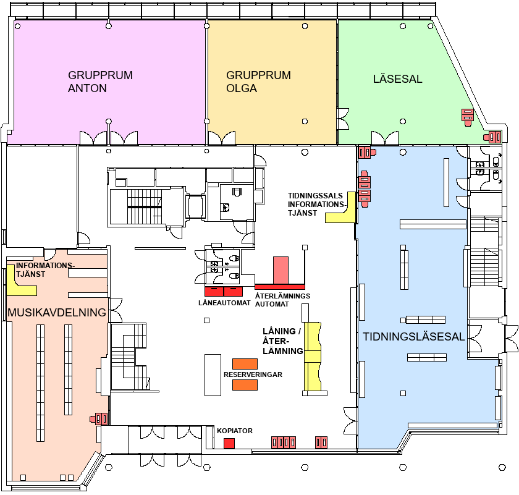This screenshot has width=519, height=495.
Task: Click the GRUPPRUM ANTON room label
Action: click(x=100, y=82)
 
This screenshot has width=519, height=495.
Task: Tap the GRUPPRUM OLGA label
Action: click(x=258, y=82)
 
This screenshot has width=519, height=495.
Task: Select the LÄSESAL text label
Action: click(x=397, y=79)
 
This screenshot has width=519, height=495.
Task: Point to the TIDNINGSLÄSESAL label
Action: click(x=414, y=336)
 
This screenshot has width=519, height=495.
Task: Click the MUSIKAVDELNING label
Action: click(x=57, y=312)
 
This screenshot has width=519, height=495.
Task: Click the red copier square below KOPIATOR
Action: click(x=229, y=443)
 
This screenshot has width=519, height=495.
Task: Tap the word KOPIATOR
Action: click(x=235, y=431)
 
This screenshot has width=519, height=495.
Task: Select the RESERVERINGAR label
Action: click(x=253, y=374)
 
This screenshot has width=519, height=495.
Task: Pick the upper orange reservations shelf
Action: click(x=245, y=364)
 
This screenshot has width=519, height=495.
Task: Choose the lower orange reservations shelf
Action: click(x=245, y=385)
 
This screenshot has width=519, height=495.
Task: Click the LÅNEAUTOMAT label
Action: click(x=224, y=303)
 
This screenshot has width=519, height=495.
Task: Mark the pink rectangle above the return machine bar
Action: click(x=281, y=270)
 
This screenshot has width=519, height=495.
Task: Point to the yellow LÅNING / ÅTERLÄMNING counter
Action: click(x=313, y=357)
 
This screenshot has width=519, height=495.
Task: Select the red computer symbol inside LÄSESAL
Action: click(x=468, y=117)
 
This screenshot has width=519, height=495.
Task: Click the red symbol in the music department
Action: click(x=99, y=419)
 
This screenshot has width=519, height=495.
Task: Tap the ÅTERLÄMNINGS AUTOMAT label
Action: click(x=282, y=300)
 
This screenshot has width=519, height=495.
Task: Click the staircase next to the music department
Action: click(x=129, y=357)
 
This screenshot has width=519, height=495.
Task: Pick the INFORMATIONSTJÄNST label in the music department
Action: click(x=45, y=270)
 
